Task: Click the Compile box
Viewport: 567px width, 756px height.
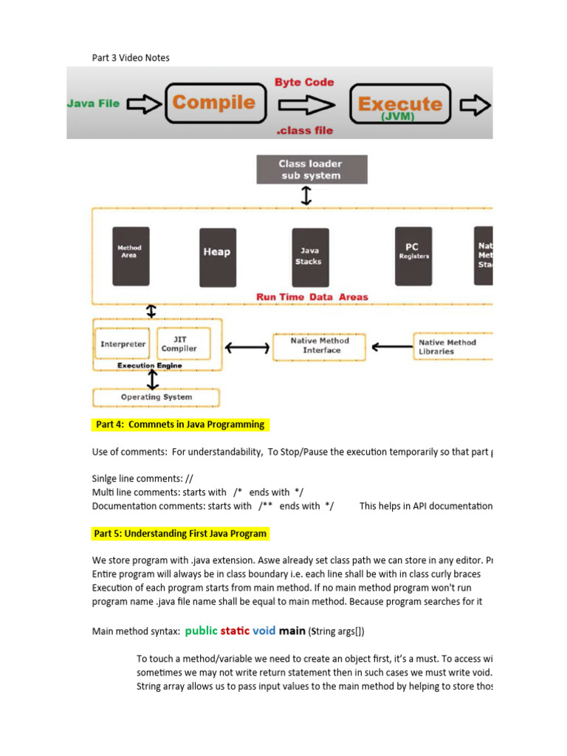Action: point(214,103)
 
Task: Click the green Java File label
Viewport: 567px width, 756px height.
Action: point(93,103)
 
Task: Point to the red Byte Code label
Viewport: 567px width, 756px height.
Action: point(304,82)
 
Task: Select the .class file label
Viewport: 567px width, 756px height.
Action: point(304,131)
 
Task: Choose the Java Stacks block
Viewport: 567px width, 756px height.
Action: point(310,256)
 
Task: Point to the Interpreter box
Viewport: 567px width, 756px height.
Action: point(123,344)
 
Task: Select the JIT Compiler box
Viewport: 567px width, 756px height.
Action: point(179,344)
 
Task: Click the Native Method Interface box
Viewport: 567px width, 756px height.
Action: point(320,346)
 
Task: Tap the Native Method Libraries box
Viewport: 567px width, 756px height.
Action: point(447,347)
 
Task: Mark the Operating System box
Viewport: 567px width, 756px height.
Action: point(156,397)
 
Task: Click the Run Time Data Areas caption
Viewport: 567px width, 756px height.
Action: point(312,297)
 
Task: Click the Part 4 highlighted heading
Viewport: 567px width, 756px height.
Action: point(179,425)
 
